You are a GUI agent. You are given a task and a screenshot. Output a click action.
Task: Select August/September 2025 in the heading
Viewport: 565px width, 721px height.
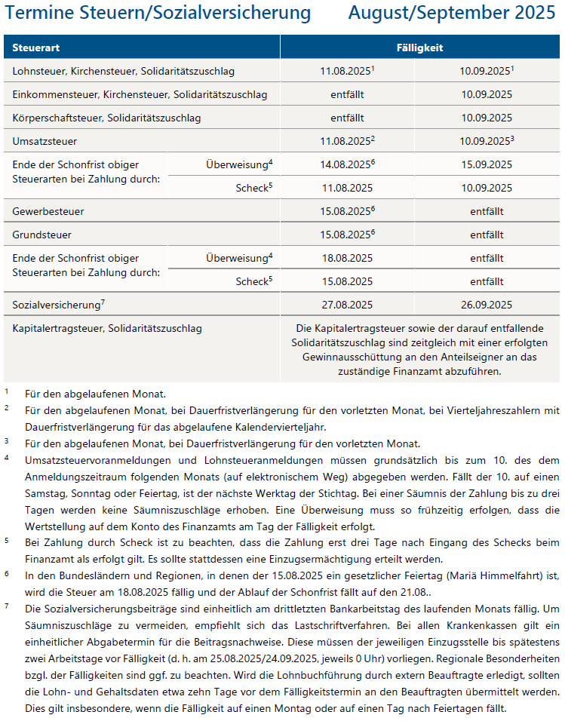click(x=452, y=13)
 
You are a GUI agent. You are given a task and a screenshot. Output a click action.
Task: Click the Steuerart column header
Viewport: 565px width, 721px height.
click(x=36, y=48)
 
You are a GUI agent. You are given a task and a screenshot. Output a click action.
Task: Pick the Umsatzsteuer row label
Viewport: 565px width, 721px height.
click(x=45, y=141)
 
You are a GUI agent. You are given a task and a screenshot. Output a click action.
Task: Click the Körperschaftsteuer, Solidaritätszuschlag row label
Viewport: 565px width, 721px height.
click(x=107, y=118)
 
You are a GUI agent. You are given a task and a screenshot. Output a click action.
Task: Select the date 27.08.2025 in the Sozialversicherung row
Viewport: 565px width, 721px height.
click(x=346, y=305)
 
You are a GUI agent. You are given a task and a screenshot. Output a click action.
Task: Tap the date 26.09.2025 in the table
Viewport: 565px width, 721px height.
click(x=486, y=305)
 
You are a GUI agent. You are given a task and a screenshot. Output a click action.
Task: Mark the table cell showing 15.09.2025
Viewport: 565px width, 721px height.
click(x=486, y=164)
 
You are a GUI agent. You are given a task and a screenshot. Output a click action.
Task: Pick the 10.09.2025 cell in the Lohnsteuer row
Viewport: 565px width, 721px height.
click(x=484, y=71)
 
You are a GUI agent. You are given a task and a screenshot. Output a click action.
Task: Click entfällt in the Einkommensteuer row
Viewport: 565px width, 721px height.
click(x=347, y=94)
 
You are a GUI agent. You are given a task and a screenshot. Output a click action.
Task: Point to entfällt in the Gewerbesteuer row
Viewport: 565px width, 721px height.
click(x=486, y=211)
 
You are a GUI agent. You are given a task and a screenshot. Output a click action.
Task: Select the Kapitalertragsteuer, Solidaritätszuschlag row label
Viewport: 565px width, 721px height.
click(x=107, y=329)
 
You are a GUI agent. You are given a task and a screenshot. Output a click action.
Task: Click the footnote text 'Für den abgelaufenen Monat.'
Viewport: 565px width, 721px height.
click(x=95, y=394)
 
